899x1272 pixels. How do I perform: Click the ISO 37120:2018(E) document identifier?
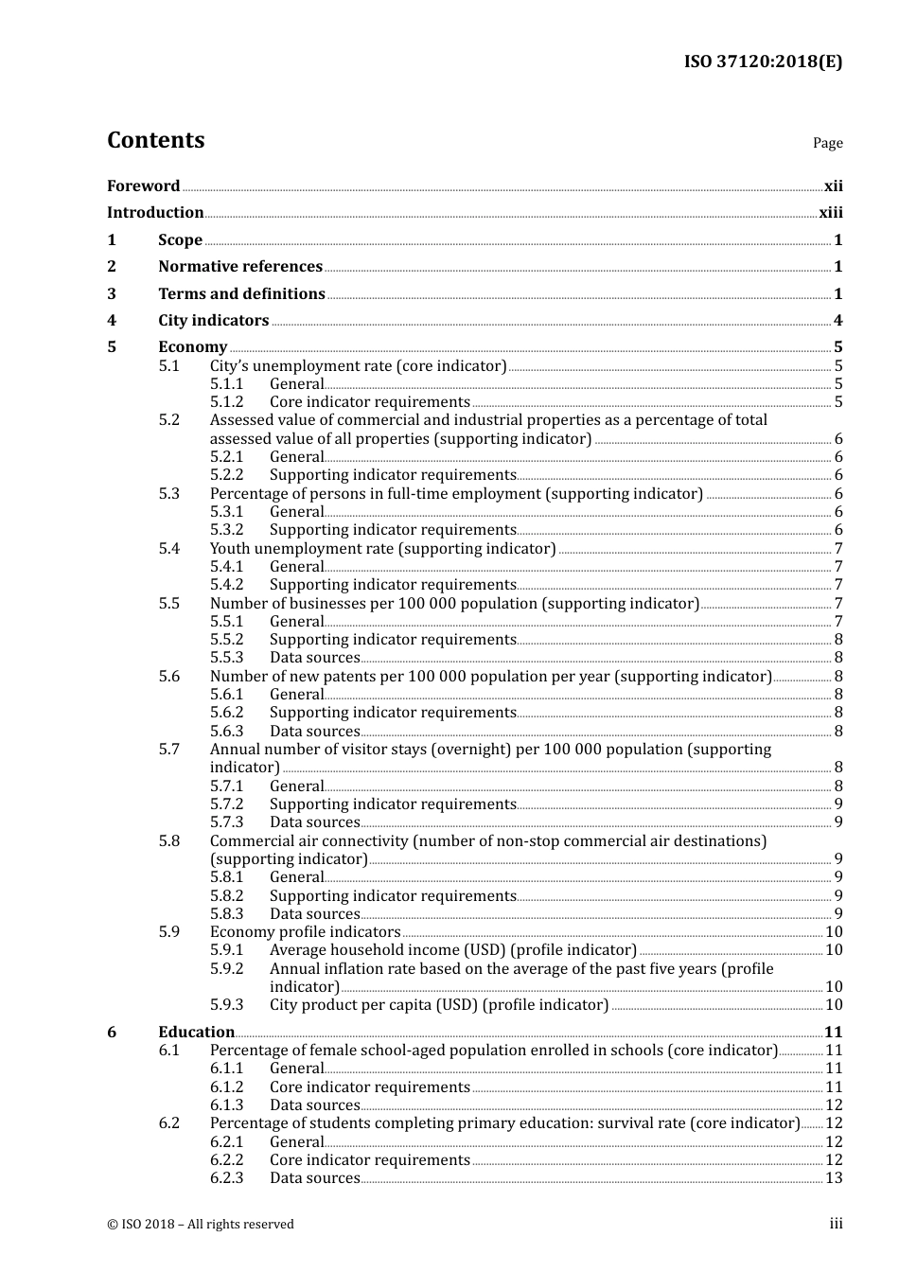763,62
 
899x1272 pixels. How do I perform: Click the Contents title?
155,140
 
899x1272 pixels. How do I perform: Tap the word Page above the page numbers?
827,143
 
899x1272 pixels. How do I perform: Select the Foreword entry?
143,186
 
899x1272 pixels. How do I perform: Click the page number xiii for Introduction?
830,213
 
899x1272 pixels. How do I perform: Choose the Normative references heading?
240,267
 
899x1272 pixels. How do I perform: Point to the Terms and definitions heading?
241,294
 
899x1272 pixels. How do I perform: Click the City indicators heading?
213,321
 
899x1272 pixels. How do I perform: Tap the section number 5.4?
168,549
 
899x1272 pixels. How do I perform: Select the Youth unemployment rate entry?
382,549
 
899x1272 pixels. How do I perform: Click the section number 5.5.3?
226,658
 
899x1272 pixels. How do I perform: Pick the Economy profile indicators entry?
305,932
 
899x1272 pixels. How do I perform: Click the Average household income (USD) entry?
452,950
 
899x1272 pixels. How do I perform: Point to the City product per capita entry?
439,1005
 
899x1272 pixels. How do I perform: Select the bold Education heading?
196,1033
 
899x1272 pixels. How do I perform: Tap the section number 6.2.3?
226,1178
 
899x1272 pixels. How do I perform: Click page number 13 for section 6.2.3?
834,1178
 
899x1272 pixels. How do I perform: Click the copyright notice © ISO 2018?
200,1225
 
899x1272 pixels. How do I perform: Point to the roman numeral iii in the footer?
836,1225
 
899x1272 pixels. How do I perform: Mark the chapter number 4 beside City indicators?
112,321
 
